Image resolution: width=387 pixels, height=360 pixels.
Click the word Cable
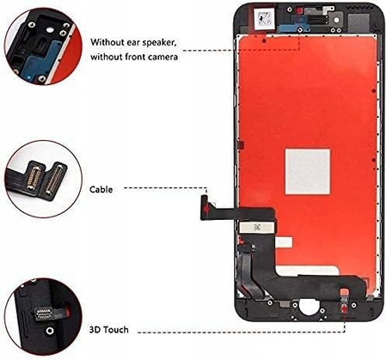(101, 188)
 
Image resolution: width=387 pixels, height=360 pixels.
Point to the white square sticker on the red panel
(307, 171)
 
